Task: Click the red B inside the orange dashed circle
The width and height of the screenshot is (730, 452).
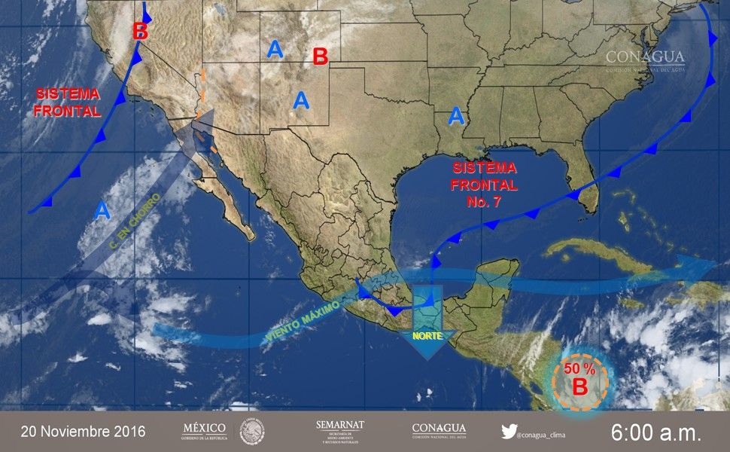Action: [x=579, y=387]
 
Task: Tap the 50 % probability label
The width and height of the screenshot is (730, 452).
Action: [x=580, y=368]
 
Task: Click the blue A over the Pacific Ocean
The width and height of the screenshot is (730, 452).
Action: [x=102, y=210]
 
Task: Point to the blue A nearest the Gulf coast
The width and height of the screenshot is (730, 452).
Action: [x=455, y=116]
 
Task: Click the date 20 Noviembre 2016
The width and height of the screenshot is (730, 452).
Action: [x=83, y=432]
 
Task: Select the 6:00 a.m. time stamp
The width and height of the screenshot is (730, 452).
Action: [x=655, y=432]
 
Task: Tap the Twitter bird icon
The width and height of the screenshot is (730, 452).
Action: [x=509, y=432]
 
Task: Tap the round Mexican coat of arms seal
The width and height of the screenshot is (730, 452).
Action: [x=252, y=432]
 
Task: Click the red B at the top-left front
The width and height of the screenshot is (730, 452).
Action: [x=140, y=32]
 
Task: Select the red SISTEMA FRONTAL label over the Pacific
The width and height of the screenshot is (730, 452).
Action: [x=68, y=102]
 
